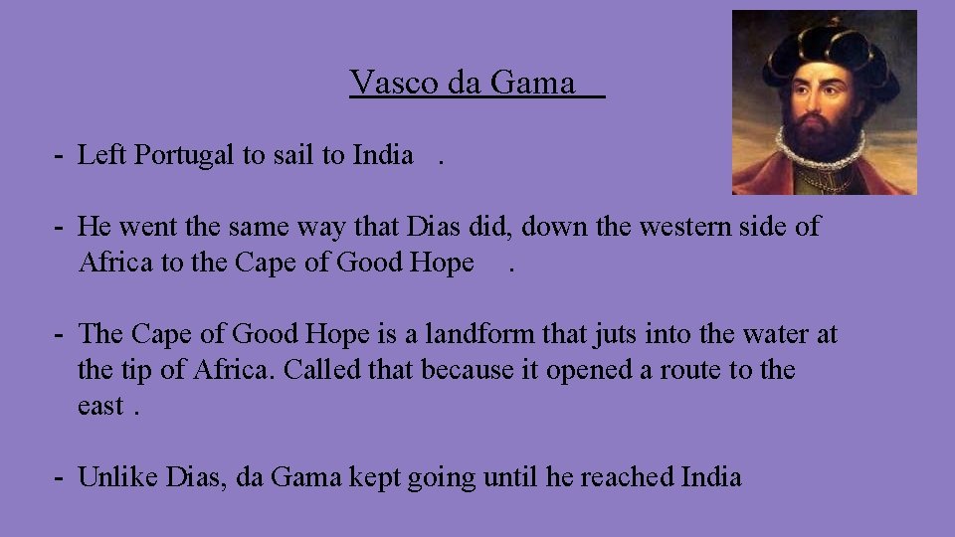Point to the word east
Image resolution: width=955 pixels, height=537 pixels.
point(100,407)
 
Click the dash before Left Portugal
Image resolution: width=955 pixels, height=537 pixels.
point(61,155)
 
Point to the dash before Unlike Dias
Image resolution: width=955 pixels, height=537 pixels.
point(61,477)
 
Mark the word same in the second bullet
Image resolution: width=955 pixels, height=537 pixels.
point(257,227)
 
